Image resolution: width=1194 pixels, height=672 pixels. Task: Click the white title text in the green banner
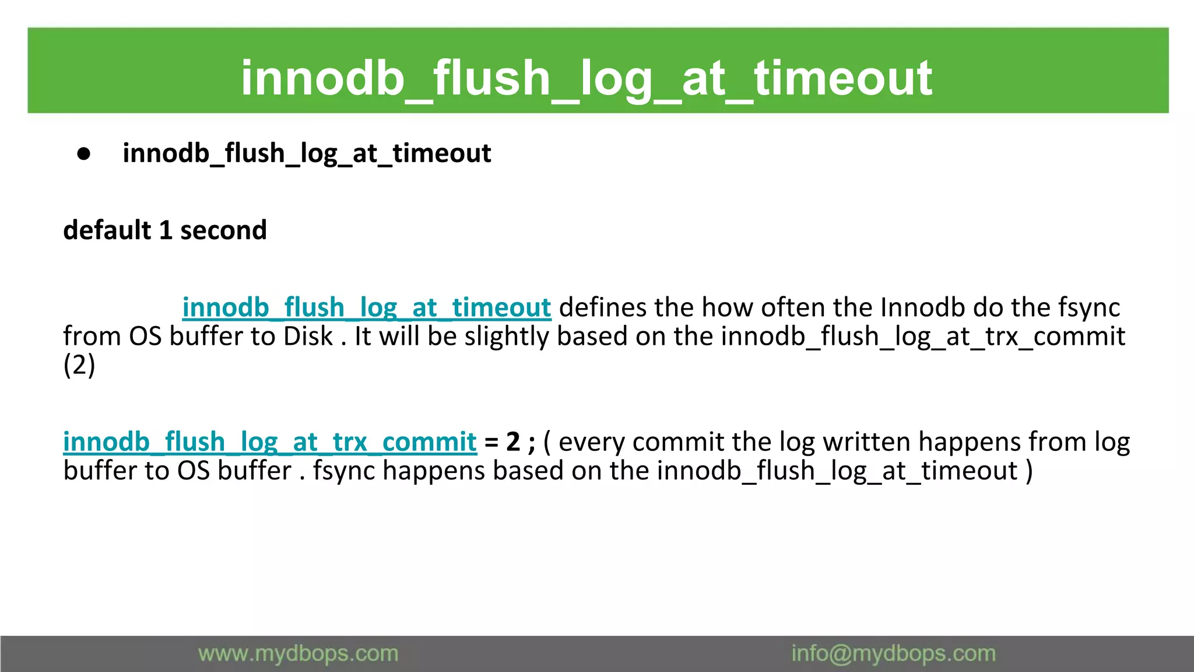pyautogui.click(x=587, y=78)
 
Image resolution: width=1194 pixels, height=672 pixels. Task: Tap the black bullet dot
pyautogui.click(x=84, y=154)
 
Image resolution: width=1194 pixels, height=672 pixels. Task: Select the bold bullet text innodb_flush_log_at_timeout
pyautogui.click(x=307, y=153)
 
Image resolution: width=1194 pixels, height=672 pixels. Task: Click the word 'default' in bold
pyautogui.click(x=107, y=230)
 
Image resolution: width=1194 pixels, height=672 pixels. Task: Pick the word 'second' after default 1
pyautogui.click(x=223, y=230)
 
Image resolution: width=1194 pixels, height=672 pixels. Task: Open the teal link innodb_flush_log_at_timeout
pyautogui.click(x=366, y=307)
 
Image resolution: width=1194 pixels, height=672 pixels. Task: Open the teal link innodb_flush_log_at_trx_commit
pyautogui.click(x=270, y=442)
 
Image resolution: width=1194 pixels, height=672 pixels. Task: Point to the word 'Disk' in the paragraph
pyautogui.click(x=308, y=337)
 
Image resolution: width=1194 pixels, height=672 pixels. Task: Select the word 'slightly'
pyautogui.click(x=506, y=337)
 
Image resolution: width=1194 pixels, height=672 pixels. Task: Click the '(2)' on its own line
pyautogui.click(x=79, y=365)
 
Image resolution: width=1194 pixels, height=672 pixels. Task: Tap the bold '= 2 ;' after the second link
pyautogui.click(x=509, y=442)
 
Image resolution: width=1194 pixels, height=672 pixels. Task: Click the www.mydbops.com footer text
pyautogui.click(x=298, y=654)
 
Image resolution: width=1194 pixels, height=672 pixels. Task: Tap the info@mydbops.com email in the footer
pyautogui.click(x=893, y=654)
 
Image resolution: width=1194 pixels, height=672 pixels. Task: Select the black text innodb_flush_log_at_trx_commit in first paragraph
pyautogui.click(x=923, y=337)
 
